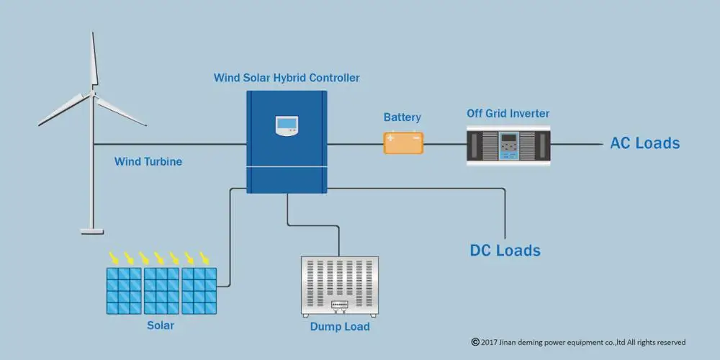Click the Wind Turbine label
click(148, 162)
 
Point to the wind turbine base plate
click(91, 230)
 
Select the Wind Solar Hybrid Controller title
click(287, 78)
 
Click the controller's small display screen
click(287, 125)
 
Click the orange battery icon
click(403, 143)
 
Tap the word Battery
click(402, 117)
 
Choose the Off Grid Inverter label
click(508, 114)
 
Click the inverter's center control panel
click(510, 145)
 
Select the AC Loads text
click(644, 143)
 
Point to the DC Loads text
click(505, 251)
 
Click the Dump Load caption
click(340, 327)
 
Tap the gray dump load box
click(339, 286)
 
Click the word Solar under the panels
click(161, 325)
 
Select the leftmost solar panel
click(125, 291)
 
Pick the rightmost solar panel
click(199, 291)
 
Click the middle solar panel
click(161, 291)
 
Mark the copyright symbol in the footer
click(475, 342)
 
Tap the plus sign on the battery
click(391, 138)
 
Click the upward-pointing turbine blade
click(93, 61)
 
